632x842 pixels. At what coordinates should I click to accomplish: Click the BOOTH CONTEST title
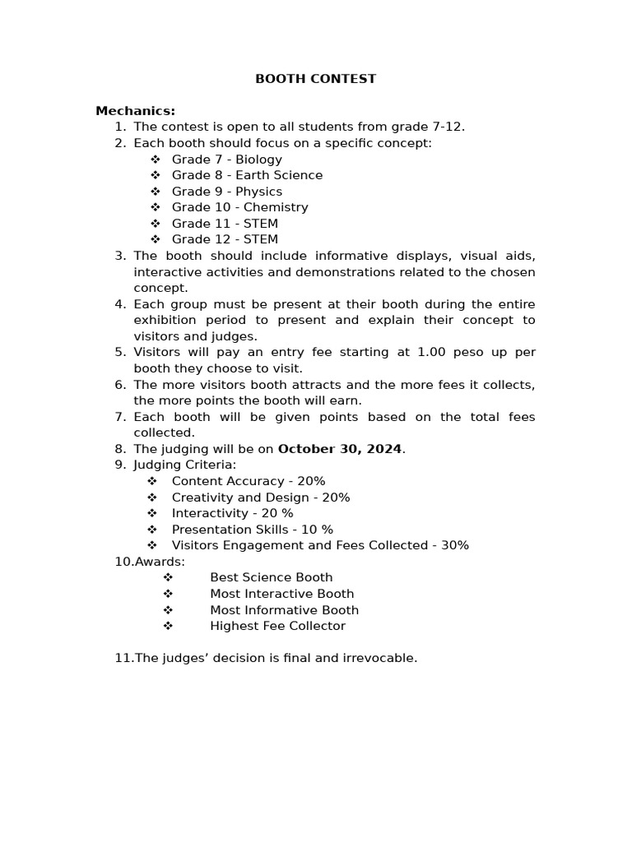pyautogui.click(x=315, y=79)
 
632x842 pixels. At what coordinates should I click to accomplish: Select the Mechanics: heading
pyautogui.click(x=135, y=111)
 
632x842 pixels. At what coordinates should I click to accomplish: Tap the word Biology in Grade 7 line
pyautogui.click(x=258, y=160)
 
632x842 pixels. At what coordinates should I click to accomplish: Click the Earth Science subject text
pyautogui.click(x=279, y=175)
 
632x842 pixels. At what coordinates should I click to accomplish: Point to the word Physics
pyautogui.click(x=258, y=192)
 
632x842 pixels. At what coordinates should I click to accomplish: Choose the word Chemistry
pyautogui.click(x=276, y=207)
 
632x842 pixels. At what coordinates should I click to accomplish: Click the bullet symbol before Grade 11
pyautogui.click(x=155, y=224)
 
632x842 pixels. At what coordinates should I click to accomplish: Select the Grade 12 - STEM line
pyautogui.click(x=225, y=239)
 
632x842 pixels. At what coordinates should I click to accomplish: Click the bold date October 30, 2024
pyautogui.click(x=340, y=449)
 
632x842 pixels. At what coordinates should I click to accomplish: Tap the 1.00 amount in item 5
pyautogui.click(x=433, y=352)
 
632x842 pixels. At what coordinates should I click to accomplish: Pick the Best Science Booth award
pyautogui.click(x=271, y=577)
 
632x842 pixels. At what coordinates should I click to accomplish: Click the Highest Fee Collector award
pyautogui.click(x=277, y=626)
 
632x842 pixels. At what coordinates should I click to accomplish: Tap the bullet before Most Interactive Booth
pyautogui.click(x=168, y=594)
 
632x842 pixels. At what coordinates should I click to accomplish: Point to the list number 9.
pyautogui.click(x=120, y=465)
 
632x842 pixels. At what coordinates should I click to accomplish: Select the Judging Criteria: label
pyautogui.click(x=184, y=465)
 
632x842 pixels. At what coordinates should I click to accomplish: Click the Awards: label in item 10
pyautogui.click(x=160, y=562)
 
